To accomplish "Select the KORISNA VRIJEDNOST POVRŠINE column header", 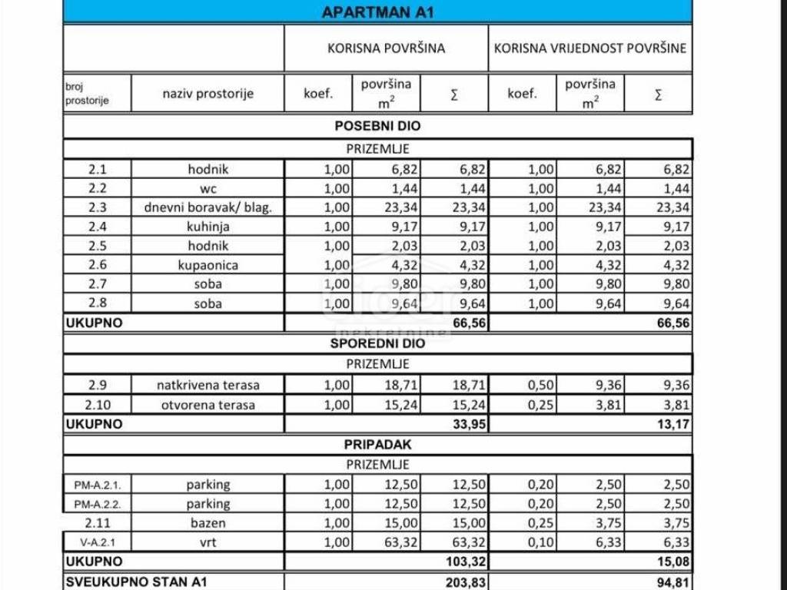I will pyautogui.click(x=590, y=48).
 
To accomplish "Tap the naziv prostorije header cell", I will pyautogui.click(x=208, y=94).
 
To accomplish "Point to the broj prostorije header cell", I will pyautogui.click(x=87, y=94).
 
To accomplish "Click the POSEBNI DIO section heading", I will pyautogui.click(x=377, y=126).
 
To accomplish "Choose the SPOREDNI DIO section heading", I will pyautogui.click(x=377, y=343).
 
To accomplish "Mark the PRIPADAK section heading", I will pyautogui.click(x=377, y=444).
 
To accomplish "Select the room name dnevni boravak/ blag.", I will pyautogui.click(x=208, y=207).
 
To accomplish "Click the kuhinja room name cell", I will pyautogui.click(x=208, y=227).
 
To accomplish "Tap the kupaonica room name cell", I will pyautogui.click(x=208, y=265).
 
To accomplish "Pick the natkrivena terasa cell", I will pyautogui.click(x=208, y=385).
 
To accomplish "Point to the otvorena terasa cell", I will pyautogui.click(x=208, y=405).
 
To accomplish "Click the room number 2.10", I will pyautogui.click(x=97, y=405).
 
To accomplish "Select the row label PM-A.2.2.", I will pyautogui.click(x=97, y=504).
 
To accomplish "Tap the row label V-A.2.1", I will pyautogui.click(x=97, y=542).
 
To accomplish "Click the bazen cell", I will pyautogui.click(x=208, y=523).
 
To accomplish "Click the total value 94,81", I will pyautogui.click(x=673, y=582).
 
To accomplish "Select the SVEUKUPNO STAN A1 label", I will pyautogui.click(x=137, y=582).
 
